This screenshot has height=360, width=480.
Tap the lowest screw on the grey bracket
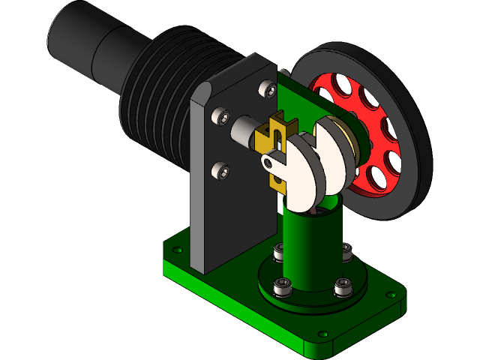click(x=220, y=171)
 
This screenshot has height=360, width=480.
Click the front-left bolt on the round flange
click(x=283, y=286)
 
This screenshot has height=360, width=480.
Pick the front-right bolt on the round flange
click(x=341, y=286)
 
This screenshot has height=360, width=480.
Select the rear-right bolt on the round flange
click(x=346, y=249)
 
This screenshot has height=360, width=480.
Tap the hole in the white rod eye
click(x=269, y=160)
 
